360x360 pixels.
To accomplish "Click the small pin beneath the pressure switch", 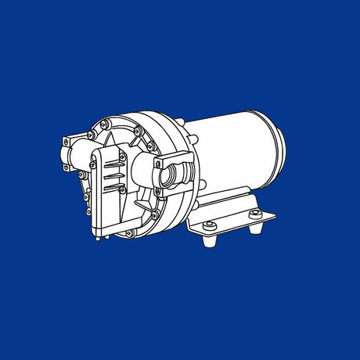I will (x=96, y=238).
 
